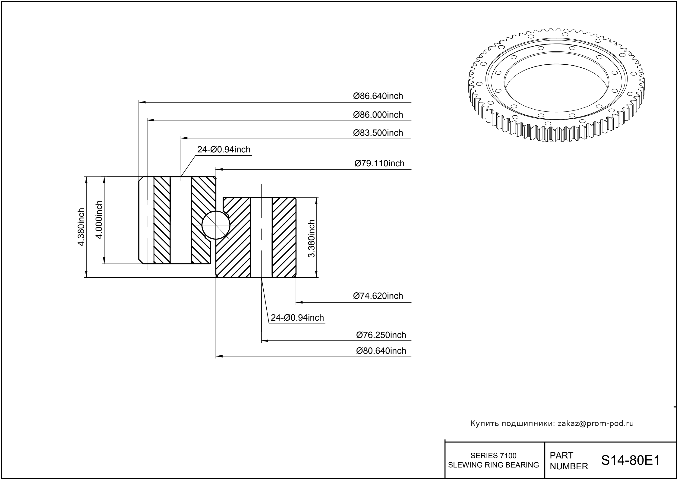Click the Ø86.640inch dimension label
[378, 96]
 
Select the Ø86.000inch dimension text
[378, 115]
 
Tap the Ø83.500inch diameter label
[378, 133]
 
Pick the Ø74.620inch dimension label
[378, 296]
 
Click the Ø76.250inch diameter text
[381, 335]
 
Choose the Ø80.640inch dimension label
[381, 351]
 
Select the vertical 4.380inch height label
[81, 227]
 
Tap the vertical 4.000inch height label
[99, 220]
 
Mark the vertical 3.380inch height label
[312, 239]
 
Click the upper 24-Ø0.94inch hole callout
[224, 150]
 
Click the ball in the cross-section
[216, 225]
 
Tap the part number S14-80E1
[631, 460]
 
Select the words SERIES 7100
[494, 455]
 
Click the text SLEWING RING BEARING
[494, 465]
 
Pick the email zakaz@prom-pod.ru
[596, 423]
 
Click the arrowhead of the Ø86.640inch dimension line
[142, 102]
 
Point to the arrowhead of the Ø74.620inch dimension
[300, 302]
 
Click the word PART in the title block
[561, 455]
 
